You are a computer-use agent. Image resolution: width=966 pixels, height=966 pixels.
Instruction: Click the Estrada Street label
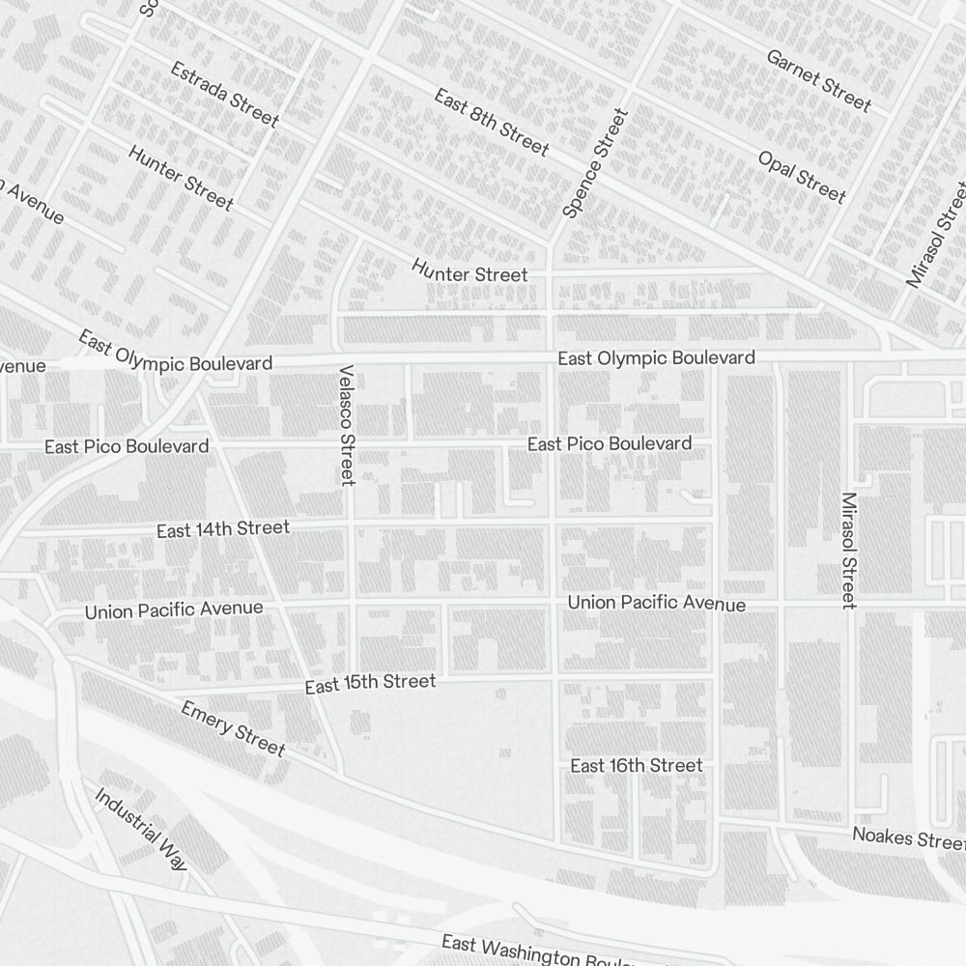[x=224, y=95]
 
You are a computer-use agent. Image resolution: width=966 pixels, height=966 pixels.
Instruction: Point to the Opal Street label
[x=802, y=178]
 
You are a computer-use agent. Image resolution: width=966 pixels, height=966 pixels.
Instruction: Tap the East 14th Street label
[x=223, y=529]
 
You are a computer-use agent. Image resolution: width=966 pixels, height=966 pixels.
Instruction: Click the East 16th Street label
[x=636, y=766]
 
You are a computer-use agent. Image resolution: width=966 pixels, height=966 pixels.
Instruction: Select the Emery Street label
[x=233, y=728]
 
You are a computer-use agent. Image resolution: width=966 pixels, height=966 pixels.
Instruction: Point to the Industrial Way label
[x=141, y=829]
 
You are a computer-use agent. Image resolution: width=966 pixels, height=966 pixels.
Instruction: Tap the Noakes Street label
[x=906, y=838]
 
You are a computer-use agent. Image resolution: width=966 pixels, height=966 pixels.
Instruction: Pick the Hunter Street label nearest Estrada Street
[x=181, y=178]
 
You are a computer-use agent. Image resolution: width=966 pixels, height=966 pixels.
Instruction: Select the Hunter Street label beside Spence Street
[x=469, y=274]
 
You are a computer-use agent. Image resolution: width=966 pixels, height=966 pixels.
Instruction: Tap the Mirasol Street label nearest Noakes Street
[x=849, y=551]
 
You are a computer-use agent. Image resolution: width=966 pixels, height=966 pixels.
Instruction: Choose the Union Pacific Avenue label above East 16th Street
[x=656, y=603]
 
